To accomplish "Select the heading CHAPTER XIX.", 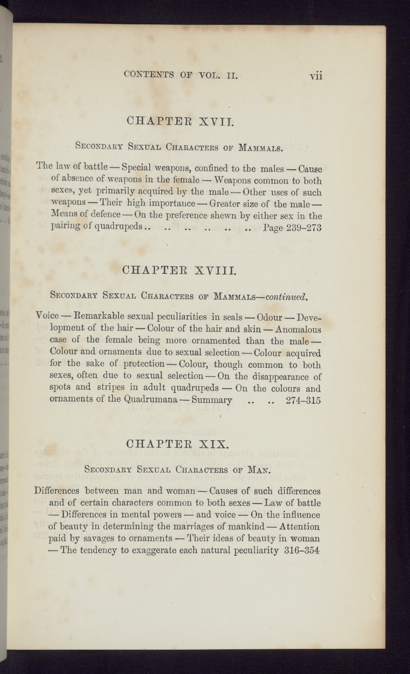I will pos(177,444).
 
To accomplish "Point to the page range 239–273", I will pos(303,228).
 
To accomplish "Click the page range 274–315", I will pos(303,400).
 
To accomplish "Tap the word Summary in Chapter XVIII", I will pos(212,400).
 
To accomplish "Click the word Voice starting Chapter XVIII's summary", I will pos(48,317).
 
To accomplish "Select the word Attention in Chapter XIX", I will pos(299,527).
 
